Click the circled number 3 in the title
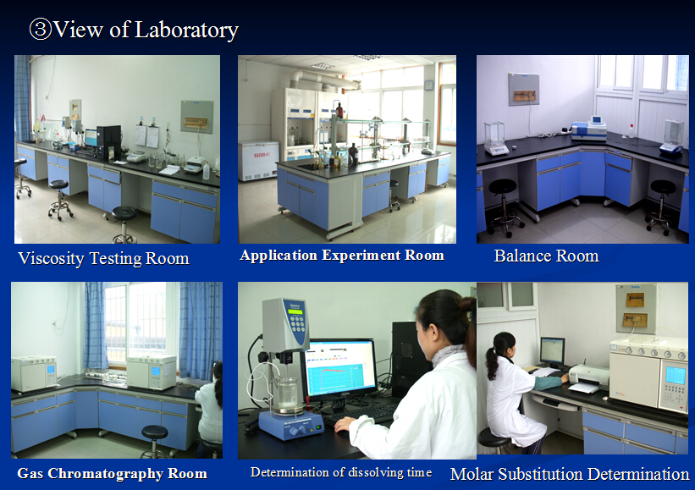click(x=41, y=30)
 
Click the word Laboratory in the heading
click(x=186, y=30)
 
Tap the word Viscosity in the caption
click(x=51, y=259)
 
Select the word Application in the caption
click(x=279, y=256)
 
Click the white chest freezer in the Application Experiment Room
click(x=258, y=161)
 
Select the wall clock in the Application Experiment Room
click(x=428, y=85)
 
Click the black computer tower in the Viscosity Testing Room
click(x=108, y=142)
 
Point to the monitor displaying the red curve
click(x=339, y=370)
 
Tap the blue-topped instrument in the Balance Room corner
click(x=589, y=129)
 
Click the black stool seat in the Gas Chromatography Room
click(x=154, y=432)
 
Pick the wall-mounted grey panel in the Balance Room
click(x=523, y=89)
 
